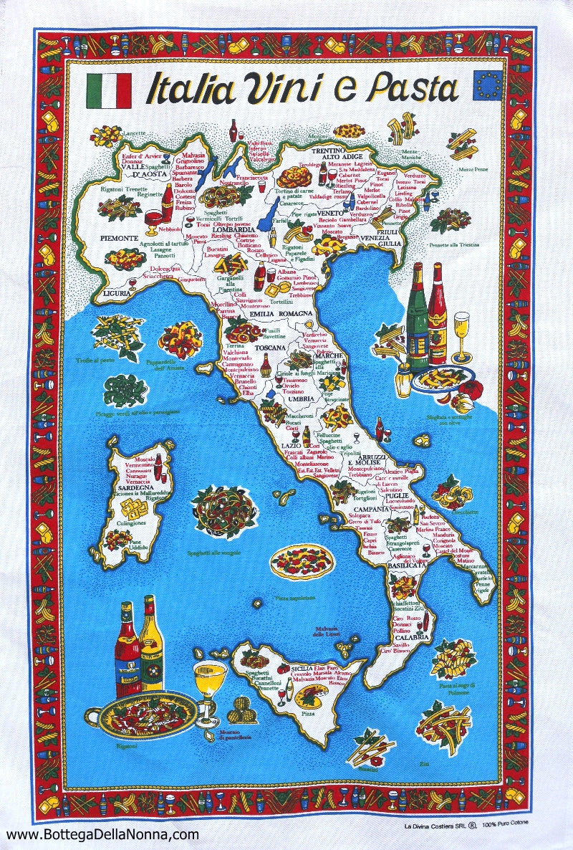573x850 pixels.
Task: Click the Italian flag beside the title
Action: (109, 91)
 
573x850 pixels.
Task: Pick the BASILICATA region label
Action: (406, 565)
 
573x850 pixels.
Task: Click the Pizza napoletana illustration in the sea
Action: (302, 560)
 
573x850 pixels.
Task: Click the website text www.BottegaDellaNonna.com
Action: (102, 834)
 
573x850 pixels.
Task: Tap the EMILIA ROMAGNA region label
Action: (281, 314)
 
